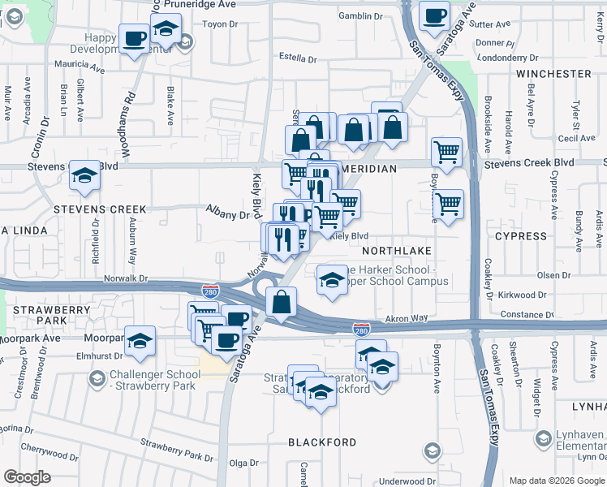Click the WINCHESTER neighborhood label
[x=553, y=74]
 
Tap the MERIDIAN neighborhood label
[x=370, y=168]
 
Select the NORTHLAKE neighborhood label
[x=396, y=251]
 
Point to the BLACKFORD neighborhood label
[x=322, y=442]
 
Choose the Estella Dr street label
[x=297, y=58]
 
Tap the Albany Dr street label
[x=227, y=215]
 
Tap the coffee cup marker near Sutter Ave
[x=434, y=15]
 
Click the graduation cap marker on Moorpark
[x=140, y=340]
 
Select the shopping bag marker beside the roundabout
[x=281, y=302]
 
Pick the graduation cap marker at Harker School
[x=331, y=280]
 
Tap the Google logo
[x=28, y=477]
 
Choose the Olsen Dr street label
[x=553, y=276]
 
